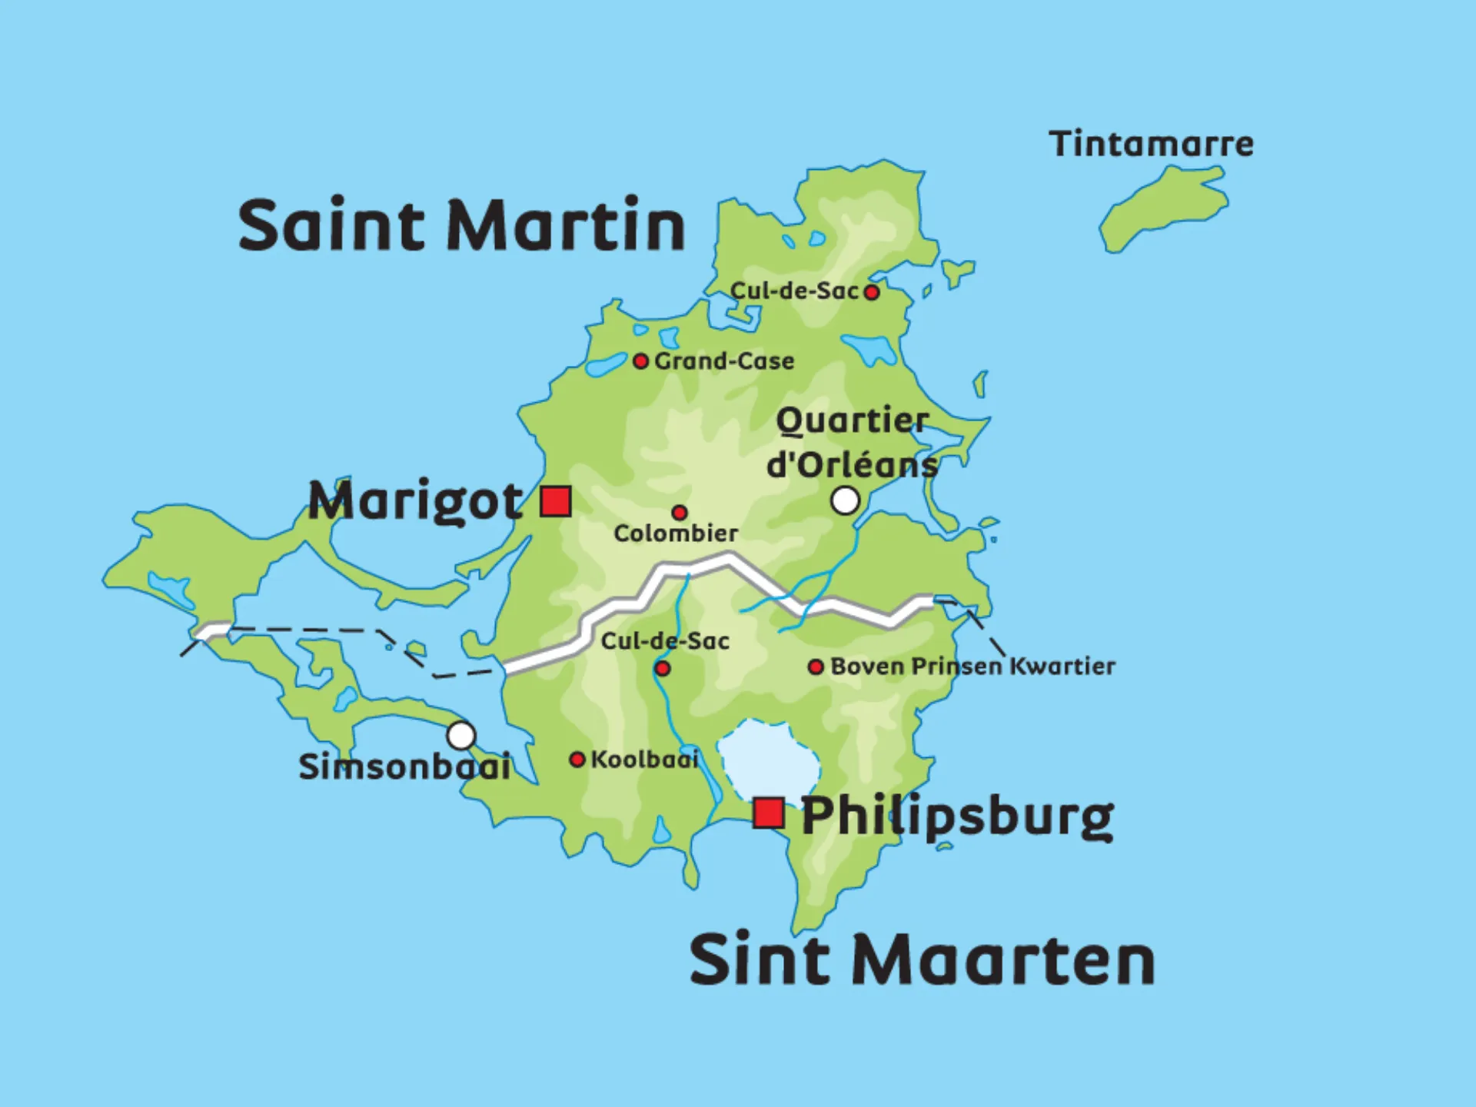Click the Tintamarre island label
coord(1151,144)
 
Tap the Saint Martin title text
coord(461,224)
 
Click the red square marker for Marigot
coord(555,501)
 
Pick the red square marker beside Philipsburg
coord(768,813)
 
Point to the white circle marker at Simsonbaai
coord(461,736)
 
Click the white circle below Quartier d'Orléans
coord(845,501)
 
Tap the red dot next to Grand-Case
coord(640,361)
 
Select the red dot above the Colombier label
coord(680,512)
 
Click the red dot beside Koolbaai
coord(577,760)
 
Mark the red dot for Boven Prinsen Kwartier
coord(816,667)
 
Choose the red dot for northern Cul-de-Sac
coord(871,292)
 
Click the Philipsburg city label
coord(957,816)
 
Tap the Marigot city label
coord(415,501)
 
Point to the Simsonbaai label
coord(404,766)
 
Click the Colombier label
coord(676,533)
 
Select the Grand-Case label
coord(724,361)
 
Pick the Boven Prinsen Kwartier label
coord(972,667)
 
